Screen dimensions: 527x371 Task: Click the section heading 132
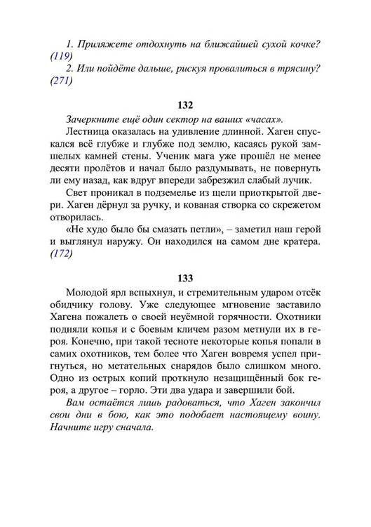tap(185, 105)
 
